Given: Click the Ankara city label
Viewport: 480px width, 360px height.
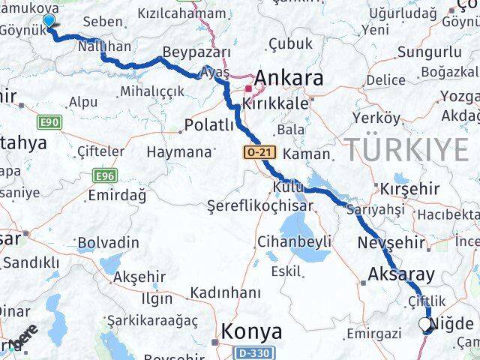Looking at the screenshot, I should [289, 78].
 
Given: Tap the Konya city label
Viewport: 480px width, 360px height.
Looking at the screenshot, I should [251, 331].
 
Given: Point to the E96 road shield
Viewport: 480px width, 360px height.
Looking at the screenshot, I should [105, 175].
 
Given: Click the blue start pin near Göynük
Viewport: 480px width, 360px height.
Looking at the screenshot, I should [49, 22].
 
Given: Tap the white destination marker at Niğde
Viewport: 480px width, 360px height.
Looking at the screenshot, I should [426, 325].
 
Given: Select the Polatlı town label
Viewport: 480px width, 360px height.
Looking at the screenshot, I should [209, 125].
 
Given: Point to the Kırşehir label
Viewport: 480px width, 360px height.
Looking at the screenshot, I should [409, 187].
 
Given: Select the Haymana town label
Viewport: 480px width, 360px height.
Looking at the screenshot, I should [179, 151].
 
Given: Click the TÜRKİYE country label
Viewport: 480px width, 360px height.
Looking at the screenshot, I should [406, 150].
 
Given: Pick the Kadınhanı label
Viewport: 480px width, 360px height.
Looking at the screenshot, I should [225, 292].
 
